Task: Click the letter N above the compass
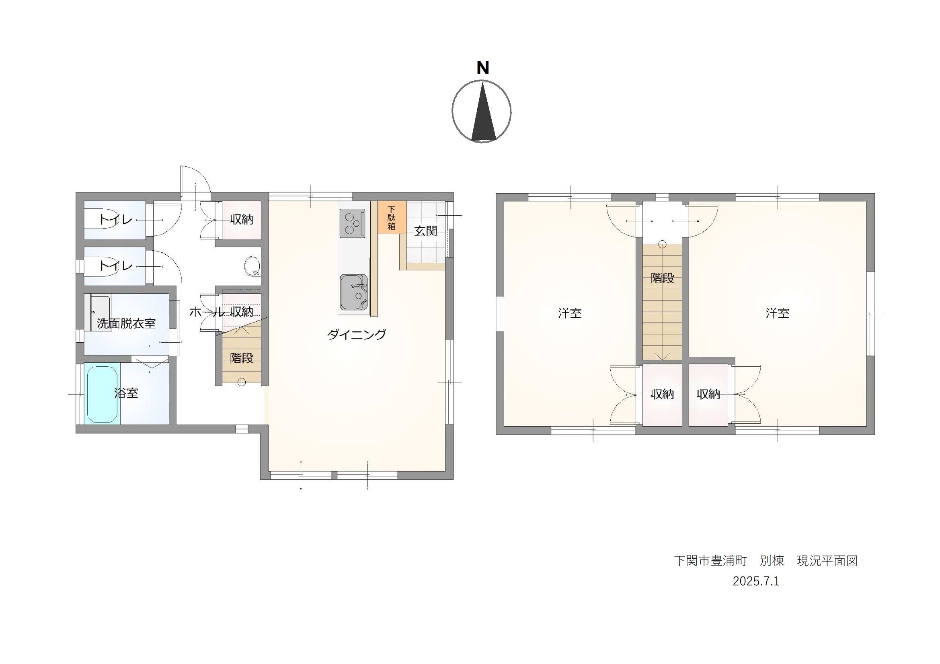click(483, 67)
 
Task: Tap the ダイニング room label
click(356, 334)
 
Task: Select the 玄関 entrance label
click(426, 231)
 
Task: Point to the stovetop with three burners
click(352, 223)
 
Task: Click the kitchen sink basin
click(353, 292)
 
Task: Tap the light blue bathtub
click(102, 394)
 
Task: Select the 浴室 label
click(126, 393)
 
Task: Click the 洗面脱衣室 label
click(126, 324)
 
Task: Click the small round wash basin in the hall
click(252, 266)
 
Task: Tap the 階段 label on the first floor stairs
click(242, 358)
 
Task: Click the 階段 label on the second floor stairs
click(663, 278)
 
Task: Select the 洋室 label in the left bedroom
click(570, 313)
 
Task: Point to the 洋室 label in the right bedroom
click(778, 313)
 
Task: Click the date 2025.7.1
click(756, 581)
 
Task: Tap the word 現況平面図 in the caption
click(827, 561)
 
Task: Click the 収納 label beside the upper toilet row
click(242, 219)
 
